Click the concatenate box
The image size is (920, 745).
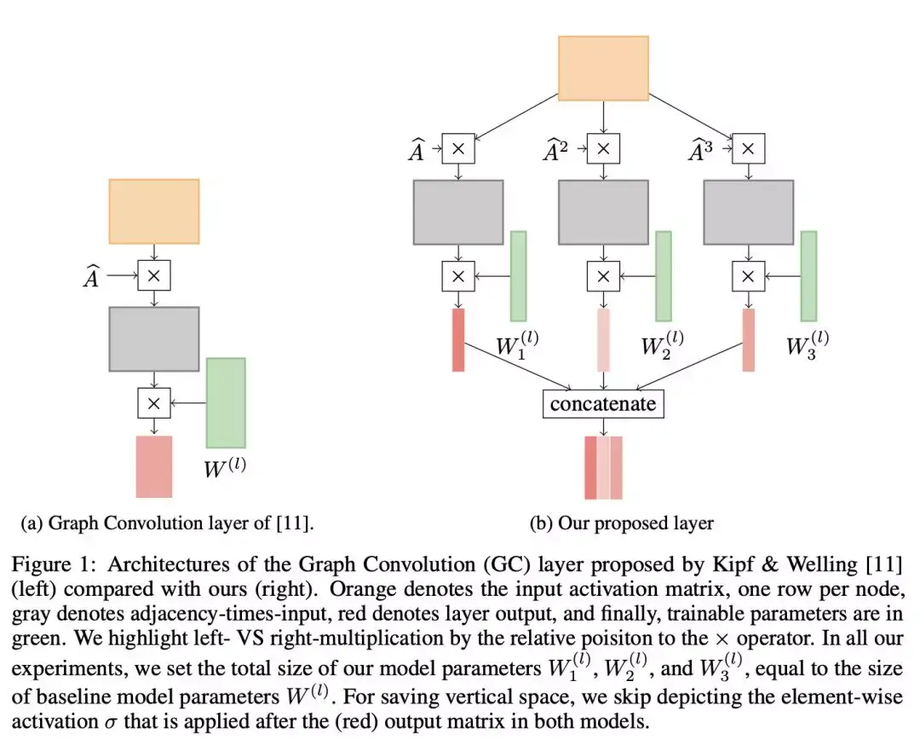[603, 403]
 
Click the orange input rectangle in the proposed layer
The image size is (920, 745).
[603, 67]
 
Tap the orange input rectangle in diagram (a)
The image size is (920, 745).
[153, 211]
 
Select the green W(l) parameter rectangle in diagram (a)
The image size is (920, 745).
[226, 402]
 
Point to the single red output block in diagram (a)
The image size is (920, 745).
[154, 466]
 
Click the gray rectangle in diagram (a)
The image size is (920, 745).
[153, 339]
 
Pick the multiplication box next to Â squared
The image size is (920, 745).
[603, 148]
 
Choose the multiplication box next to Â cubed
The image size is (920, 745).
[748, 148]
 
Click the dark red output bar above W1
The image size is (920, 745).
[458, 340]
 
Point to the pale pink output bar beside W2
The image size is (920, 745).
[603, 340]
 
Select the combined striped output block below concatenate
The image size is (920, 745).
[603, 467]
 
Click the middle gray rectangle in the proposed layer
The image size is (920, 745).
[603, 212]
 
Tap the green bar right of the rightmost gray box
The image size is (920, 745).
[808, 276]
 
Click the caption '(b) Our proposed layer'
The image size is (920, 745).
[622, 523]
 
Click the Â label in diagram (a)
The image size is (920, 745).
[92, 277]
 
